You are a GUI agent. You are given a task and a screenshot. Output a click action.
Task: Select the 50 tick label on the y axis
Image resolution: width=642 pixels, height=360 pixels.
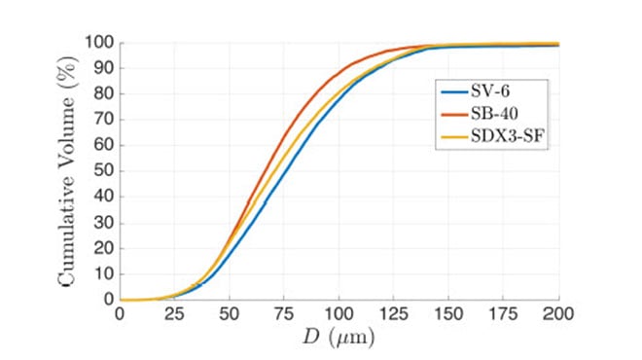(x=102, y=171)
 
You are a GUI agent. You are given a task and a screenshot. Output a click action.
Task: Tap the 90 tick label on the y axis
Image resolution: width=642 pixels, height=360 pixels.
(x=102, y=68)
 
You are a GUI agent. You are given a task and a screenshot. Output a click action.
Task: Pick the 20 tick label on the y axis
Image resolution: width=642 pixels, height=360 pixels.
(x=102, y=248)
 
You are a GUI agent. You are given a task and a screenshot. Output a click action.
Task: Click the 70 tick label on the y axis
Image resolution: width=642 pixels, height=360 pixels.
(x=102, y=120)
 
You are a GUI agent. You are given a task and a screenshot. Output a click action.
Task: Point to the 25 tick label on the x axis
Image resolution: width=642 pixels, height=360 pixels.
(x=174, y=314)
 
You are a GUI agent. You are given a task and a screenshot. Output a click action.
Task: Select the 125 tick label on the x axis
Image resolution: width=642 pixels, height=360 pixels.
(x=394, y=314)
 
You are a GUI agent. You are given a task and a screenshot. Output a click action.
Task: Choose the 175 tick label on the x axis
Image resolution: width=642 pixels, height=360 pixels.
(x=504, y=314)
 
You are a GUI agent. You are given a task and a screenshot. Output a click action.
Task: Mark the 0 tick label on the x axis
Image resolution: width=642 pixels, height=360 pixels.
(x=120, y=314)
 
